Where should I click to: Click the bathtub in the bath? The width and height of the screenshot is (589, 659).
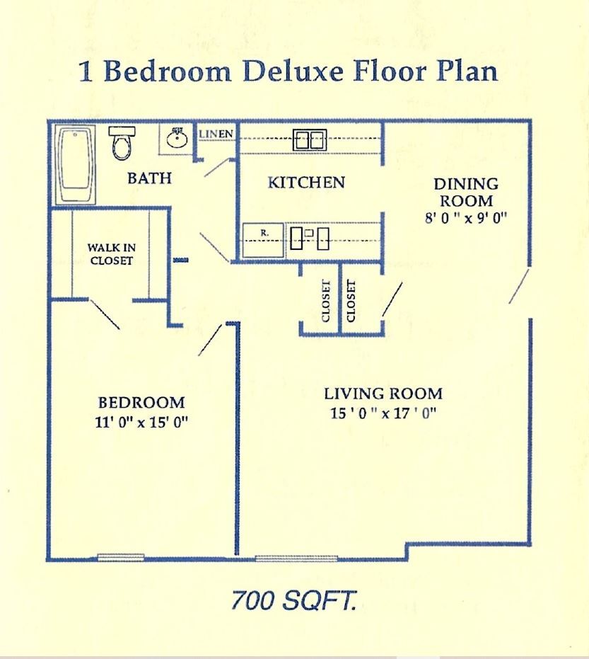[75, 165]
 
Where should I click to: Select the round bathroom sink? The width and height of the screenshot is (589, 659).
[177, 139]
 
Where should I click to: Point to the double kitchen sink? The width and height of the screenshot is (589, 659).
[310, 140]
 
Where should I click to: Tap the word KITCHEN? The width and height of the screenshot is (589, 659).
[306, 183]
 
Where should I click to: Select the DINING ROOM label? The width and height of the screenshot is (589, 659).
[466, 193]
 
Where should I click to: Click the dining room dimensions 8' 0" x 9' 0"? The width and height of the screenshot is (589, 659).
[466, 219]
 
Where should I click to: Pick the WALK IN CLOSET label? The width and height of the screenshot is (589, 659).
[111, 254]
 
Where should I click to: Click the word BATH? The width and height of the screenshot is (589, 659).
[149, 178]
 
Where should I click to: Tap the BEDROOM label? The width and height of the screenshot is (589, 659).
[141, 403]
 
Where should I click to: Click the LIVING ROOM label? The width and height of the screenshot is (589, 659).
[383, 394]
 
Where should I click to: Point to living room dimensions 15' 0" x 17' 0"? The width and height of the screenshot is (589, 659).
[383, 413]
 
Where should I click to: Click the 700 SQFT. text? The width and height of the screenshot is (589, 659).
[294, 601]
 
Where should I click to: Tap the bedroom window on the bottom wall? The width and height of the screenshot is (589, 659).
[121, 557]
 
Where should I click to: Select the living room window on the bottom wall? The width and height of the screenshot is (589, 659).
[296, 558]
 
